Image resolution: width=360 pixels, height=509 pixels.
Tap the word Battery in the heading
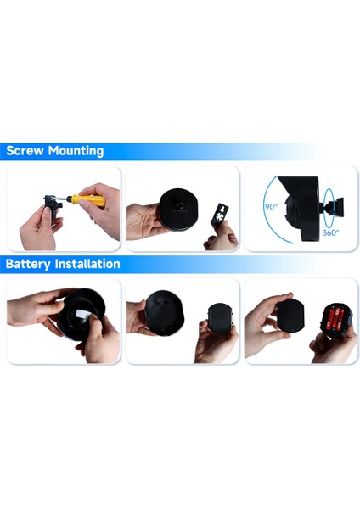click(x=27, y=264)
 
